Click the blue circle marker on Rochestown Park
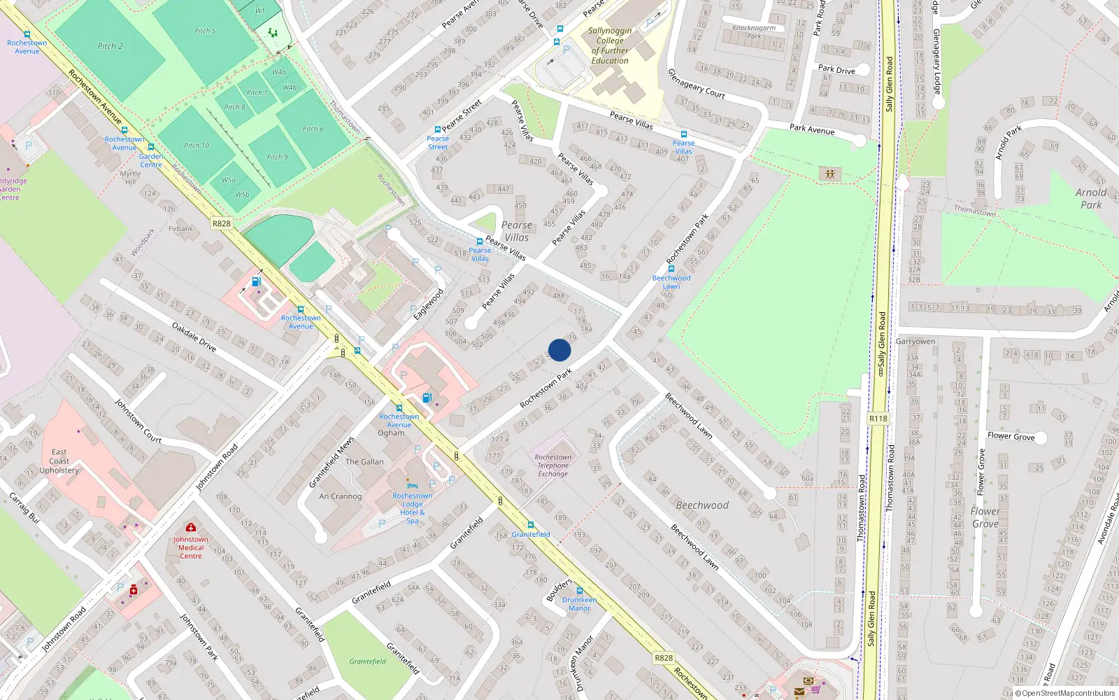(559, 350)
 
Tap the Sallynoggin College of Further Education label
(610, 46)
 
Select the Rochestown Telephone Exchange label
(553, 465)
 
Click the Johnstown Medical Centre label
(191, 547)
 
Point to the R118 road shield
(878, 419)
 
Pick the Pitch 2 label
(111, 46)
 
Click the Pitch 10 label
(197, 146)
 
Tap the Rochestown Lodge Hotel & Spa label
(413, 508)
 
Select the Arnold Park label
(1091, 199)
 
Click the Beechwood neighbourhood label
(702, 505)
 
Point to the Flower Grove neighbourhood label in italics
(985, 517)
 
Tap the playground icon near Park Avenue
(830, 174)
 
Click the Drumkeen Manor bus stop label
(580, 604)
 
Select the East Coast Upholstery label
(59, 461)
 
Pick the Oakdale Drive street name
(194, 336)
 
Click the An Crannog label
(341, 496)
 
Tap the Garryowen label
(915, 342)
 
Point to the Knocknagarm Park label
(754, 32)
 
